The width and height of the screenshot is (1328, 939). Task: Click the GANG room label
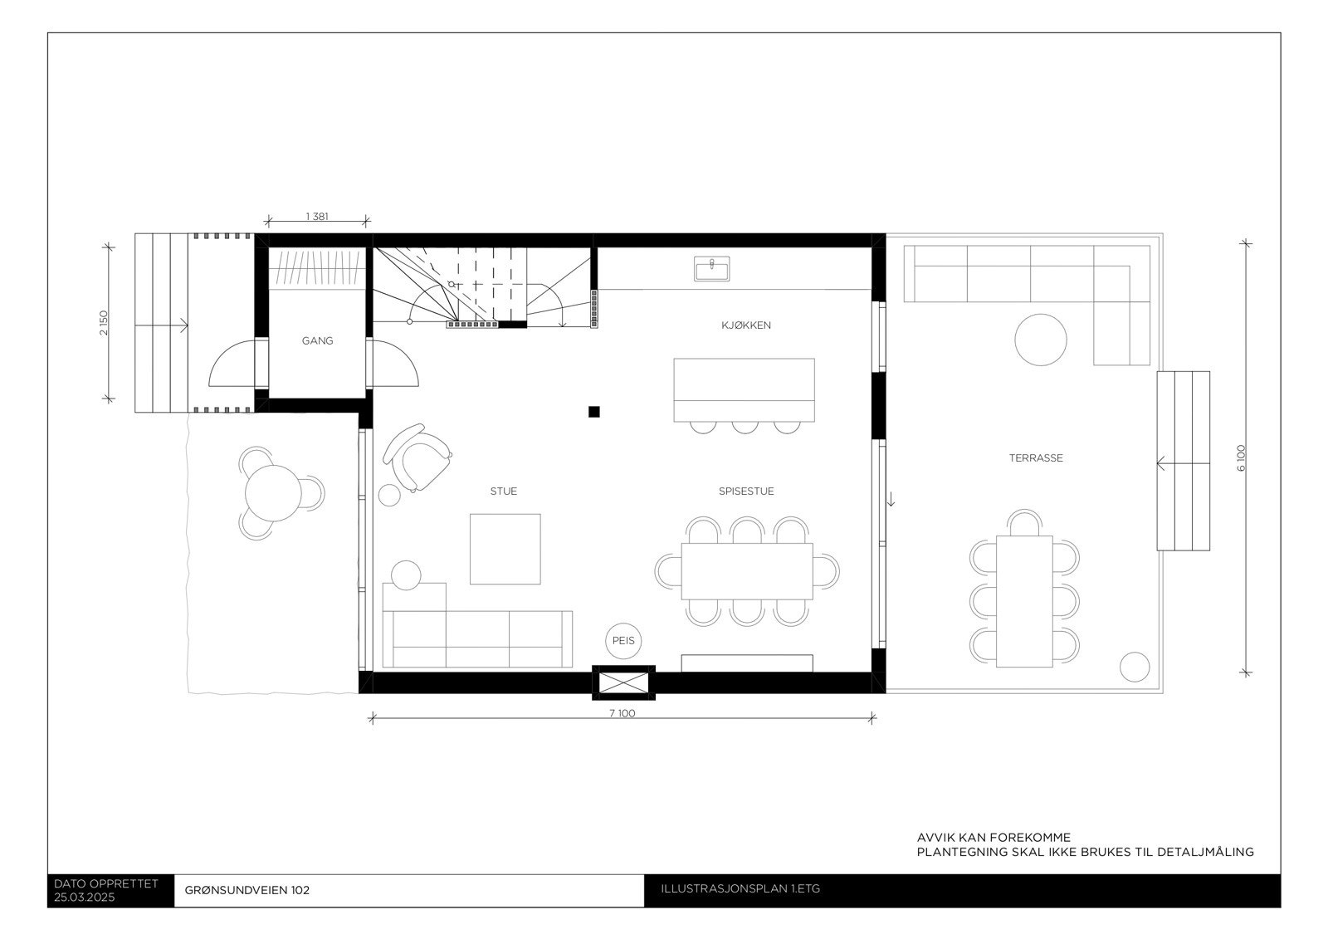pos(317,340)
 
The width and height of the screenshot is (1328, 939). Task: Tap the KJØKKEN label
pos(745,325)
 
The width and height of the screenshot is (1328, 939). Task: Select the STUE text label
pos(503,492)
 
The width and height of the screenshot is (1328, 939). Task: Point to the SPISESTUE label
pos(745,492)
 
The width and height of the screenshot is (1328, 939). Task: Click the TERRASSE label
pos(1035,458)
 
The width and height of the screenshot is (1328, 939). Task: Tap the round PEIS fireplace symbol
pos(623,641)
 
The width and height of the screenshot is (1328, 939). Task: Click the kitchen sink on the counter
pos(712,269)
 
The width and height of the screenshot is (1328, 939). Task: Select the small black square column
pos(593,412)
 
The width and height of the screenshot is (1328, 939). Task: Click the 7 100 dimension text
pos(622,713)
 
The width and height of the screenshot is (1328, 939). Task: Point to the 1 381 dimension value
pos(317,217)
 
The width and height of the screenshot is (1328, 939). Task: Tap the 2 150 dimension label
pos(103,322)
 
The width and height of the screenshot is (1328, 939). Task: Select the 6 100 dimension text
pos(1241,458)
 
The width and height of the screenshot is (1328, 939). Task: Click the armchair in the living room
pos(422,458)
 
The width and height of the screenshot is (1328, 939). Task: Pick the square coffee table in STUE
pos(505,549)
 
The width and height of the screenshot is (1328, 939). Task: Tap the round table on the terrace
pos(1040,340)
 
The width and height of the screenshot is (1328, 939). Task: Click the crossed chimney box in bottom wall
pos(622,682)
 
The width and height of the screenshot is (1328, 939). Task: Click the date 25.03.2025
pos(85,897)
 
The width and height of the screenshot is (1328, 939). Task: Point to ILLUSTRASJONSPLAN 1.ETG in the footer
pos(740,889)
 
